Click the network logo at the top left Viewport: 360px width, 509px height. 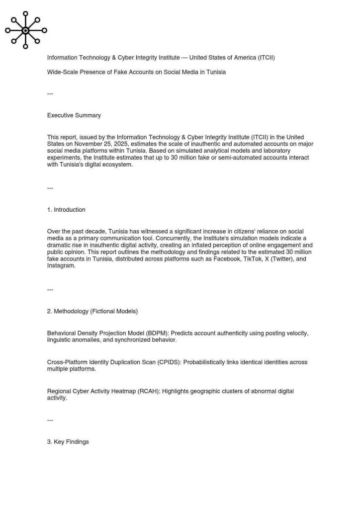26,30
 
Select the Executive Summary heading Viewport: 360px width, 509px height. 74,115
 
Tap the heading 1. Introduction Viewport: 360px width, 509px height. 66,210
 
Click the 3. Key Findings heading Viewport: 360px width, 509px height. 68,442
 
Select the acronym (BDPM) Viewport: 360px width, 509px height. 157,333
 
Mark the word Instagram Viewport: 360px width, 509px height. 61,266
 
